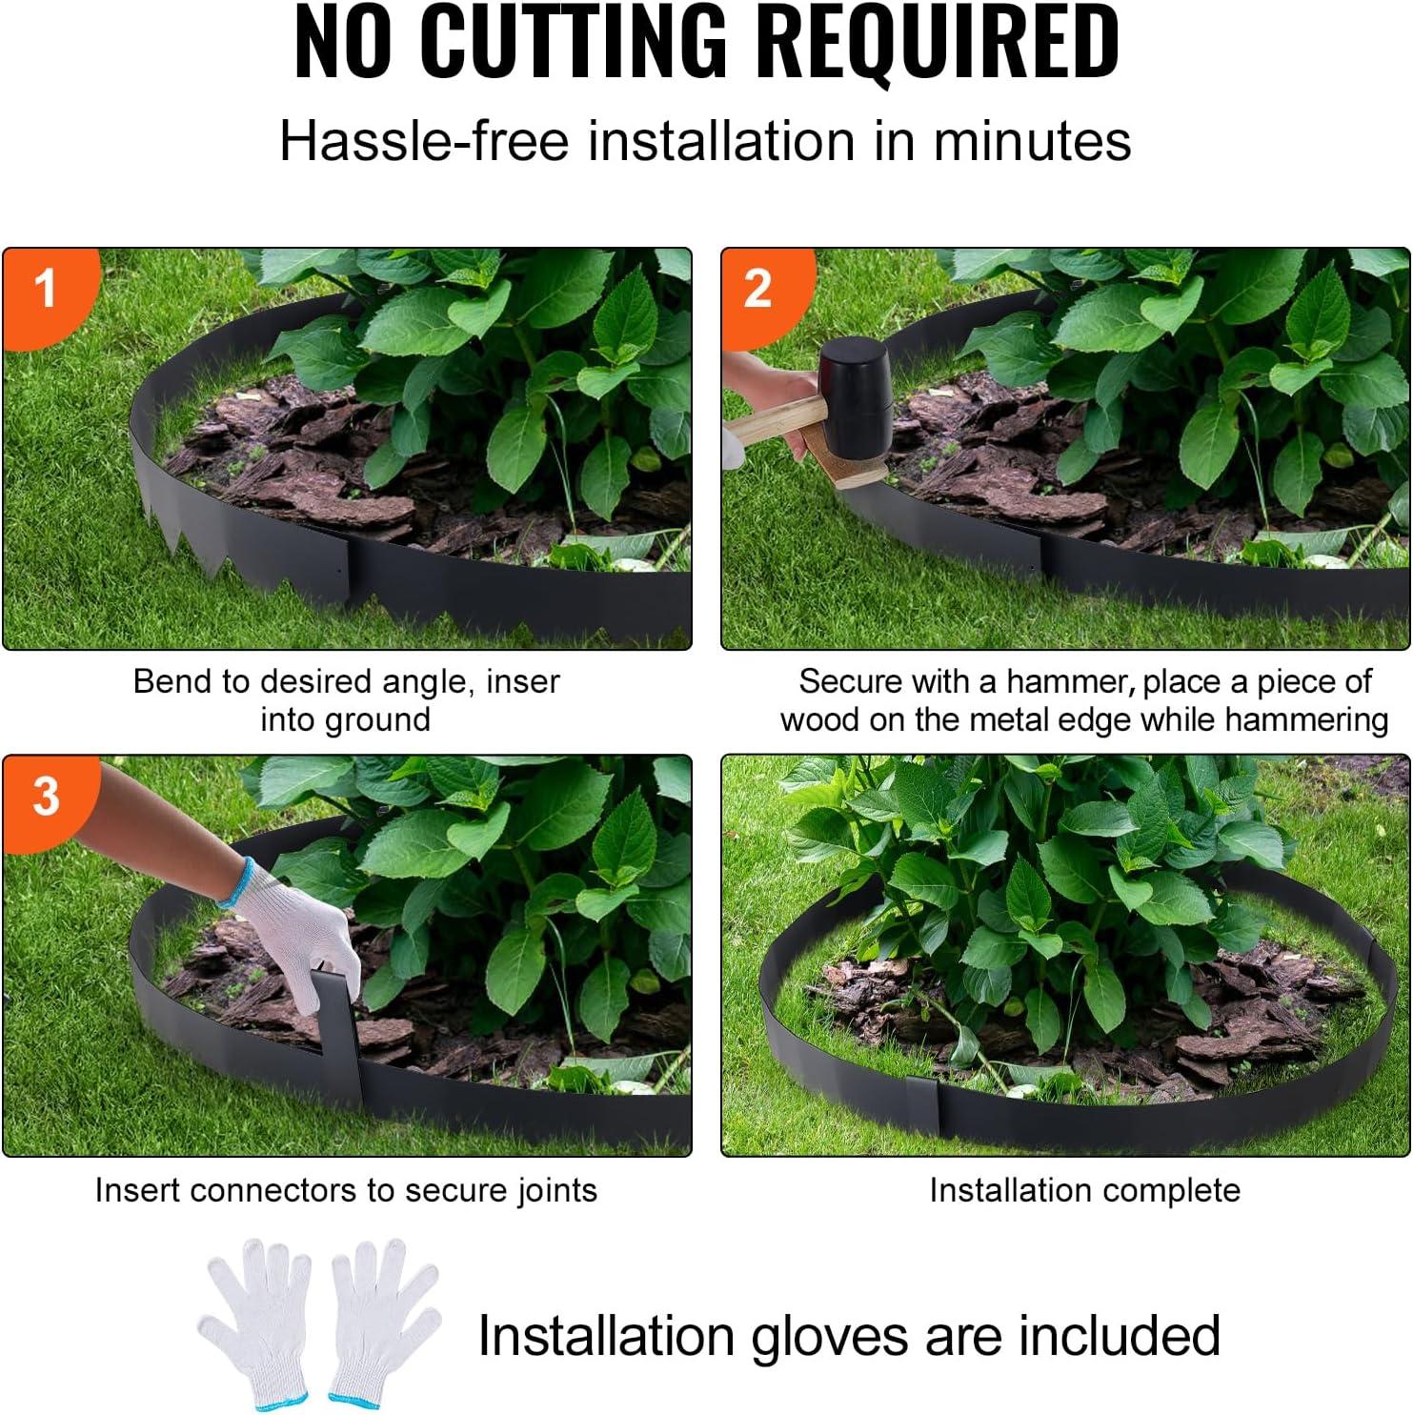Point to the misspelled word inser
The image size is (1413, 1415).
(x=522, y=681)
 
